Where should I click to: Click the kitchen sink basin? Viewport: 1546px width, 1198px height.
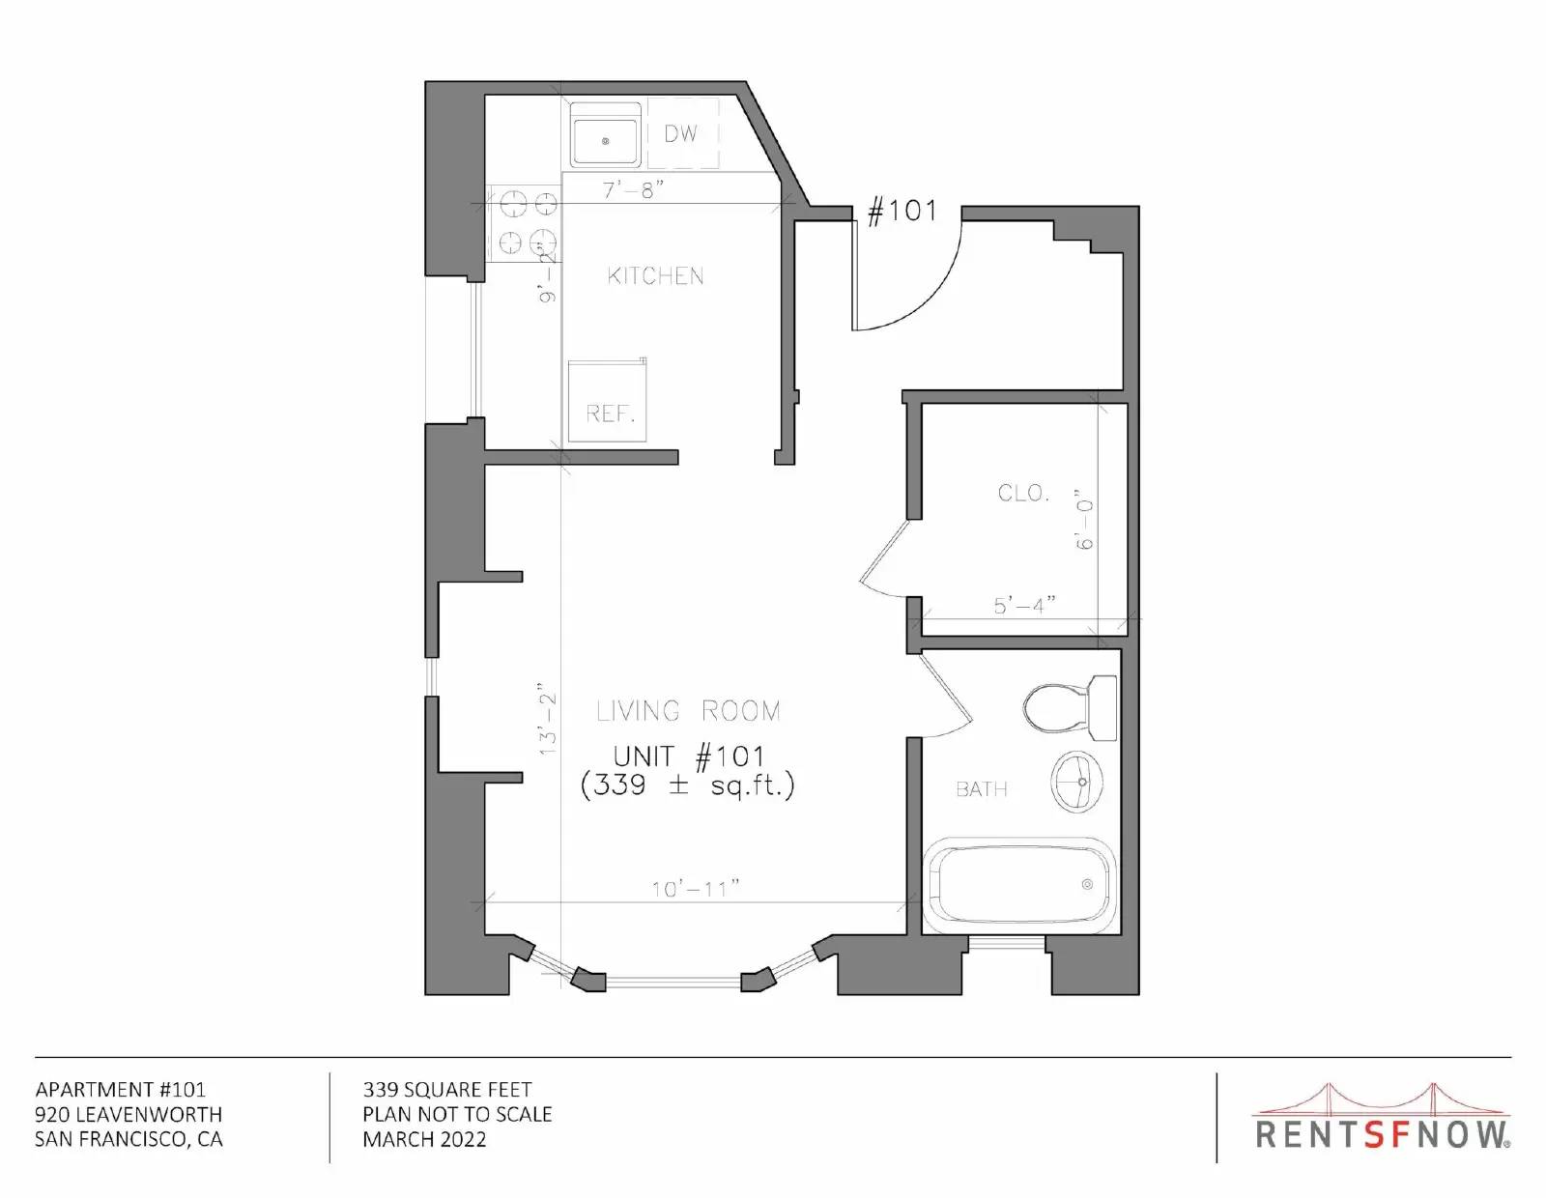pos(605,141)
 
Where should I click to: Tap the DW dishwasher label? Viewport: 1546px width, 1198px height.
pos(680,133)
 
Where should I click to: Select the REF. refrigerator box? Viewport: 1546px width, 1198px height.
pos(607,401)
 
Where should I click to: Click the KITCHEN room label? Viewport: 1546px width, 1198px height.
pos(655,276)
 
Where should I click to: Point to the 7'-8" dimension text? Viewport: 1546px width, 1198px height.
pos(633,190)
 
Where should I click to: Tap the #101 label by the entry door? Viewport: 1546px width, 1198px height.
pos(902,211)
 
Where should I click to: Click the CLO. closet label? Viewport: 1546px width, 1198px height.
pos(1023,493)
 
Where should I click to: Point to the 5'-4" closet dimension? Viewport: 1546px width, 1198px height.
pos(1024,606)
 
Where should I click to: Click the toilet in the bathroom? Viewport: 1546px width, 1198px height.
pos(1070,708)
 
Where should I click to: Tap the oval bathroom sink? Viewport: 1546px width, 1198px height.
pos(1077,782)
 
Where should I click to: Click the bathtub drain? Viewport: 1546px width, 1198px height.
pos(1087,884)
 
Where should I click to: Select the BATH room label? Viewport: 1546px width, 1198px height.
pos(981,789)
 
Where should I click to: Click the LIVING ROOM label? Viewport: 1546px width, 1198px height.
pos(688,711)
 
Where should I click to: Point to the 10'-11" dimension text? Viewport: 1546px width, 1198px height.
pos(696,889)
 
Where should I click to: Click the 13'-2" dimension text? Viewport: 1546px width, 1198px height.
pos(548,720)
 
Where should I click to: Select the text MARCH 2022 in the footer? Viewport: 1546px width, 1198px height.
pos(425,1139)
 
